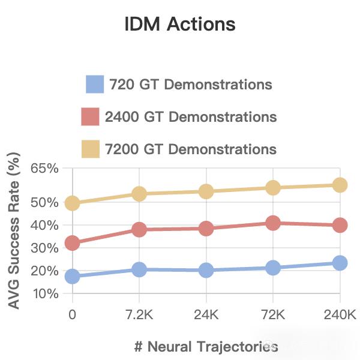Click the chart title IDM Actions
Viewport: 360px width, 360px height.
click(x=179, y=25)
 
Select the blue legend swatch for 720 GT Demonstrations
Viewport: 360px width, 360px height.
click(x=95, y=85)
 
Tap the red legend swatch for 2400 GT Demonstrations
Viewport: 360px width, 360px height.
click(x=91, y=116)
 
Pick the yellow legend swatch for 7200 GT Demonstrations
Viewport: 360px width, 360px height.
click(x=91, y=148)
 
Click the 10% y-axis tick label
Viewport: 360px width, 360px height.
click(x=45, y=294)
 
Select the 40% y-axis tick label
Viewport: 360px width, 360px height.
click(x=45, y=226)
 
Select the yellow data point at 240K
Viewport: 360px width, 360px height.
click(x=340, y=185)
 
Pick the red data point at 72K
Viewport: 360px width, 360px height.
click(x=273, y=223)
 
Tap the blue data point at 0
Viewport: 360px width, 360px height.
click(x=73, y=277)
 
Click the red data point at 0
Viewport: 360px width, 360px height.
click(x=73, y=243)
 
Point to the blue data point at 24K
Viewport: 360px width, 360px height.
click(x=206, y=271)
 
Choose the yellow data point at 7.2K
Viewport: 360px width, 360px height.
click(x=139, y=194)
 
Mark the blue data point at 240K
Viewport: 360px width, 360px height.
click(x=340, y=263)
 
